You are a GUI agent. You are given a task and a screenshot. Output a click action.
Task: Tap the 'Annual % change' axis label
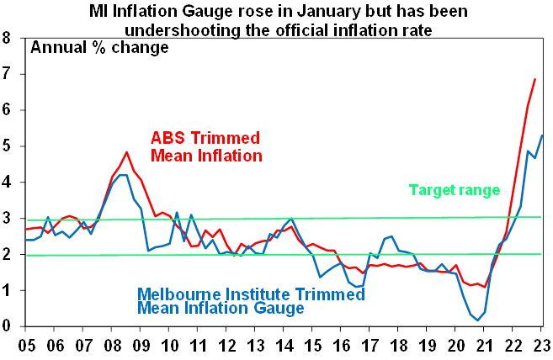click(99, 47)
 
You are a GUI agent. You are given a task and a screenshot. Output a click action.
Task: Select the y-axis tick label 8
click(7, 38)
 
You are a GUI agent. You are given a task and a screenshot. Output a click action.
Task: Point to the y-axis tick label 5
click(7, 146)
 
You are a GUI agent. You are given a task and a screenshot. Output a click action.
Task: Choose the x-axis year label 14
click(284, 346)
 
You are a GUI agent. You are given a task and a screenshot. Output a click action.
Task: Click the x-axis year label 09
click(141, 346)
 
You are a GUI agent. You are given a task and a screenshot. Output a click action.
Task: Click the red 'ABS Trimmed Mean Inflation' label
click(206, 146)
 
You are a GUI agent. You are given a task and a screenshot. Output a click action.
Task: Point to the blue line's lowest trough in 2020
click(478, 320)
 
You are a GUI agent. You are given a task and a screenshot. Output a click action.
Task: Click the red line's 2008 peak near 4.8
click(126, 153)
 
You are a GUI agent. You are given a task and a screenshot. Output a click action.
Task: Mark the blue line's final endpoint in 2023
click(543, 135)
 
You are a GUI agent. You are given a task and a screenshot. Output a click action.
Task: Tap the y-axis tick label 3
click(7, 219)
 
